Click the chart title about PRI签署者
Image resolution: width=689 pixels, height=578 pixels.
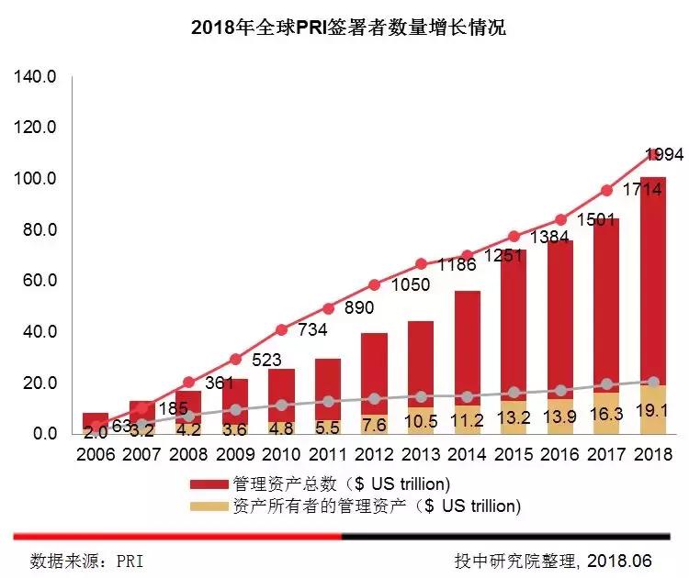[348, 28]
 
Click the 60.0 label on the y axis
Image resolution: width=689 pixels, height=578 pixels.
[40, 280]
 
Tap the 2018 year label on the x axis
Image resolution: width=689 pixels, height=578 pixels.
[652, 453]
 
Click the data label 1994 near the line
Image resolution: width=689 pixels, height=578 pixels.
[663, 154]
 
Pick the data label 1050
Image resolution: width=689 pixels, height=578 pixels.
[411, 285]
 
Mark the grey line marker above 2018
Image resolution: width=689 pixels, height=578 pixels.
[653, 382]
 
